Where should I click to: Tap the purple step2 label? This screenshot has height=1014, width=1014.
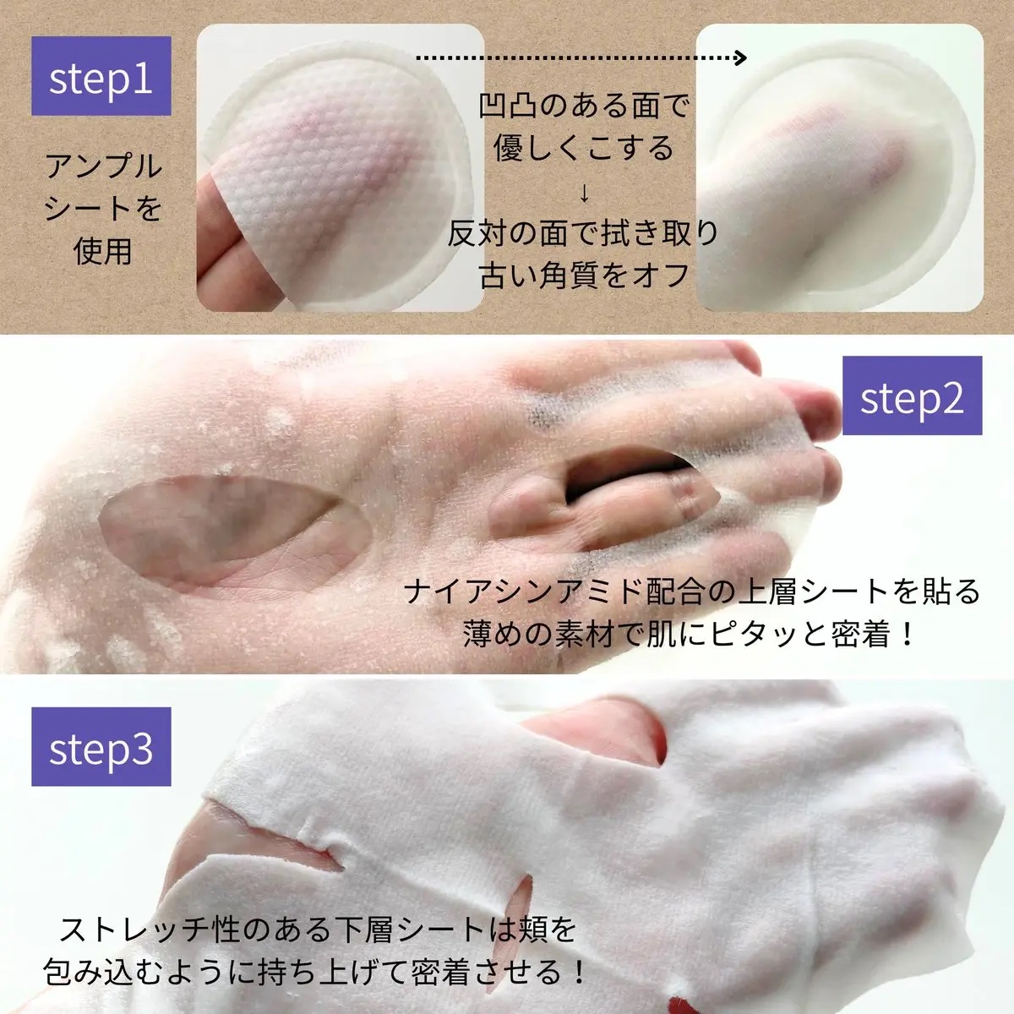(x=912, y=396)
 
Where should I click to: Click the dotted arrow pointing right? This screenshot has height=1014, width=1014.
(x=583, y=58)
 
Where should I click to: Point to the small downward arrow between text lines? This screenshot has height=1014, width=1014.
(x=584, y=194)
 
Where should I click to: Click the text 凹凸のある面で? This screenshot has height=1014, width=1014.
(x=584, y=106)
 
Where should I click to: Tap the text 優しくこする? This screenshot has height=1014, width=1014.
(x=584, y=149)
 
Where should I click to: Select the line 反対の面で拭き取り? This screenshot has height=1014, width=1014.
(x=584, y=233)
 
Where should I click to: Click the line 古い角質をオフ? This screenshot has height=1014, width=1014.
(x=584, y=275)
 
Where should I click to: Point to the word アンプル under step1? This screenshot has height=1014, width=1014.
(x=103, y=166)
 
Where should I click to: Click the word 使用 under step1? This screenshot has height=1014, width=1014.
(x=103, y=251)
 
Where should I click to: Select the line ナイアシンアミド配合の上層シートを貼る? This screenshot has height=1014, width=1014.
(x=692, y=591)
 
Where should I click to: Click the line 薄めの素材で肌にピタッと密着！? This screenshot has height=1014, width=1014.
(x=690, y=634)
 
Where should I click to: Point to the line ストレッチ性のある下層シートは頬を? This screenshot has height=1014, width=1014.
(x=318, y=930)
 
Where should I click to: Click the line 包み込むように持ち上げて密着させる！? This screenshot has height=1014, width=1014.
(x=315, y=973)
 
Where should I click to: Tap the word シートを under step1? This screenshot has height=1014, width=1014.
(x=103, y=208)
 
